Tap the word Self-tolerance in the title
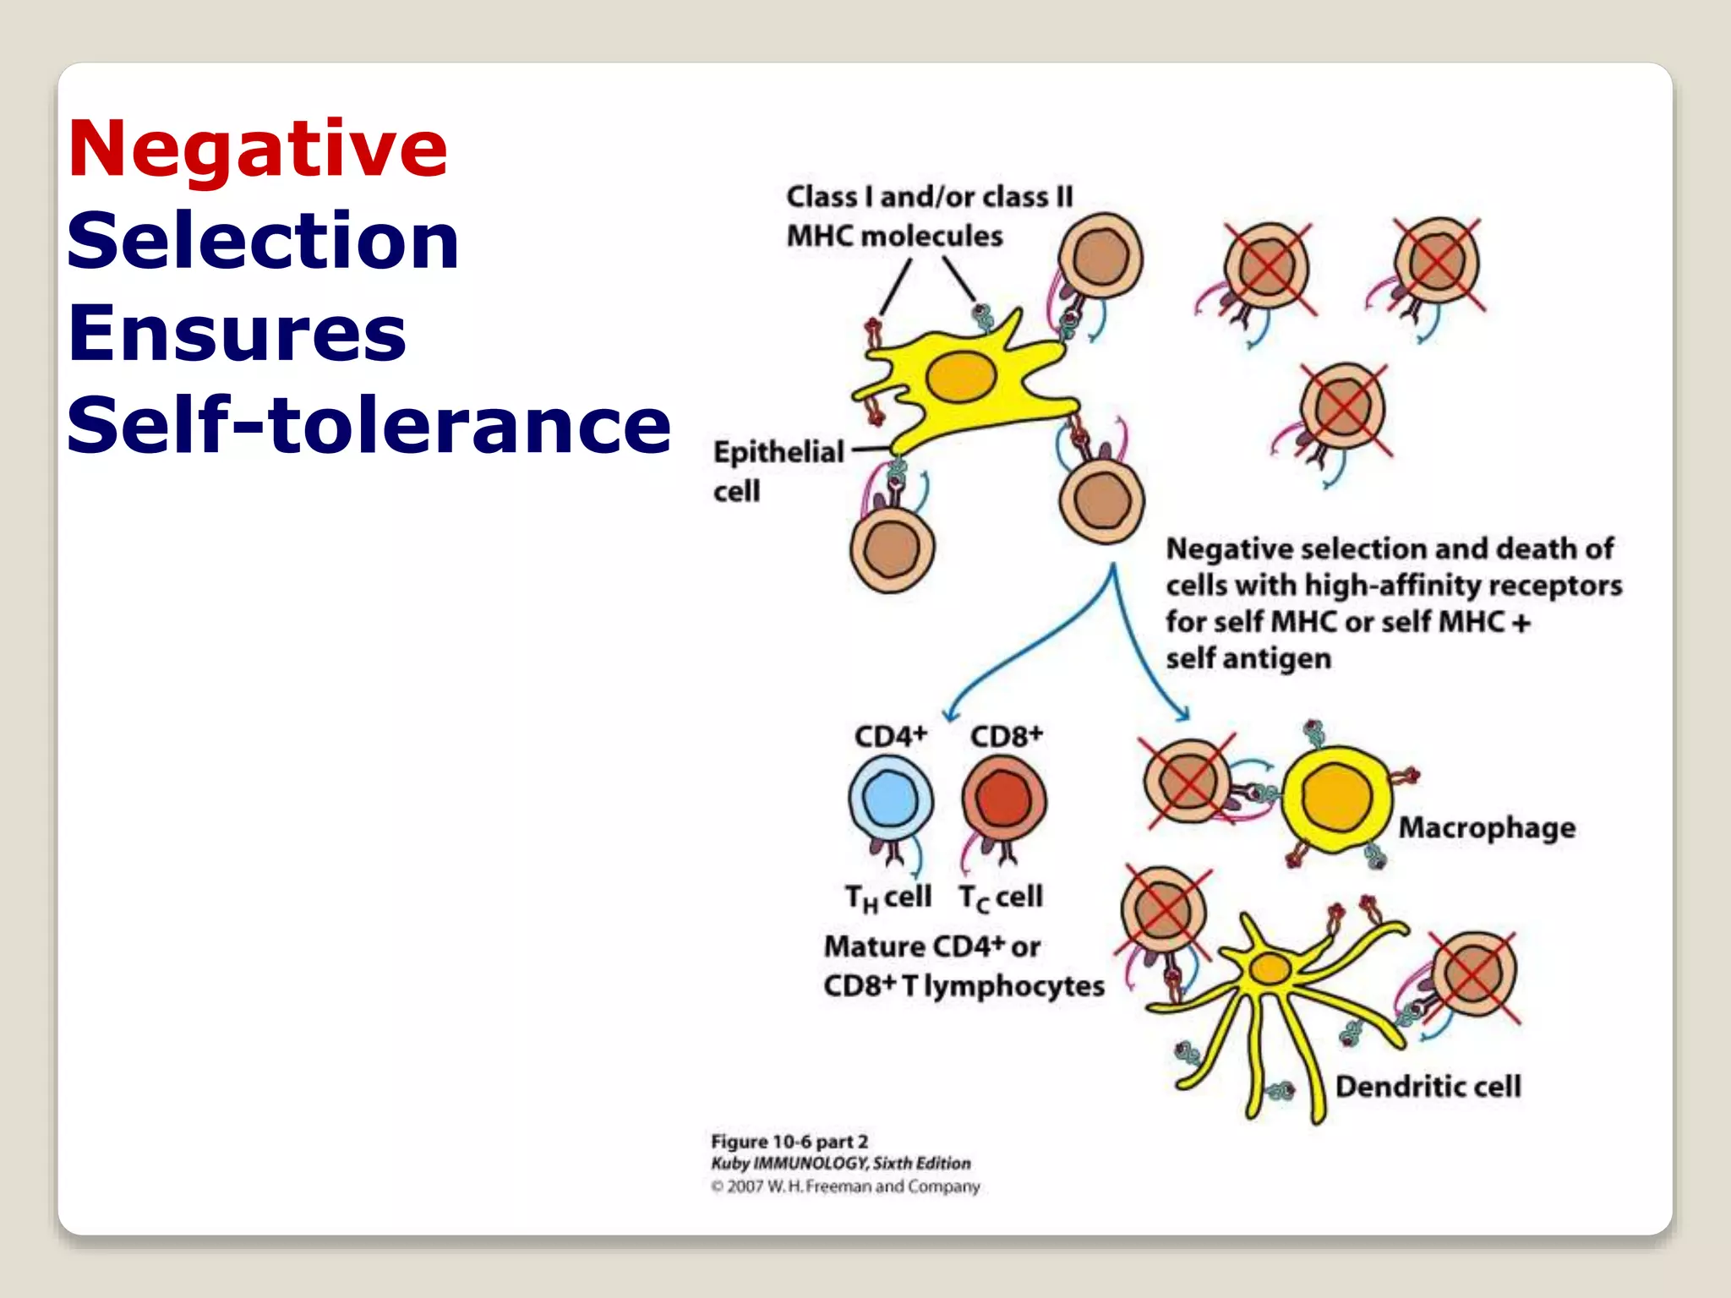click(x=369, y=424)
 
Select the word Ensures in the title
click(x=237, y=333)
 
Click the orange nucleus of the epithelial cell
click(x=961, y=377)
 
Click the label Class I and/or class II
click(x=929, y=197)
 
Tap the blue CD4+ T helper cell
click(x=890, y=798)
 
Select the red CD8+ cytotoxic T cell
click(x=1003, y=799)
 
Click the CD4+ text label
click(x=890, y=736)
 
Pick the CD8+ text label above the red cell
click(x=1006, y=736)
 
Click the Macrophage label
click(x=1487, y=827)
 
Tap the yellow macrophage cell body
click(x=1335, y=799)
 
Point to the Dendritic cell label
click(x=1428, y=1086)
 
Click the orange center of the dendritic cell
click(x=1270, y=968)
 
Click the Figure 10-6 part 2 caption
click(x=789, y=1142)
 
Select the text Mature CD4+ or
click(x=931, y=946)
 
